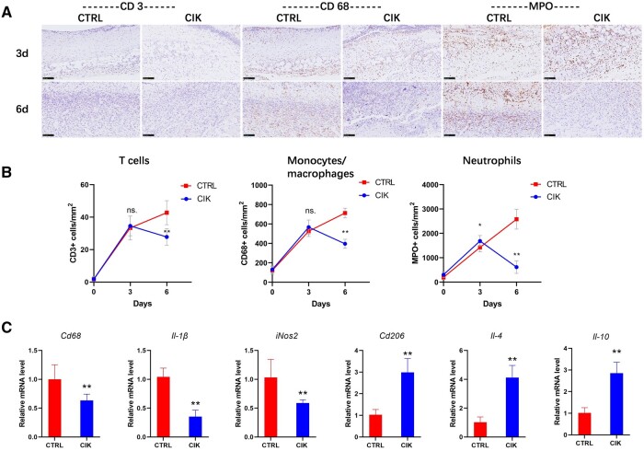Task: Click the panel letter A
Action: pyautogui.click(x=6, y=11)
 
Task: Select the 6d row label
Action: pyautogui.click(x=22, y=110)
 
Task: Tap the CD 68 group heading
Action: pyautogui.click(x=331, y=6)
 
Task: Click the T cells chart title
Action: pyautogui.click(x=134, y=160)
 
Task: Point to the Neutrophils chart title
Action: pyautogui.click(x=491, y=160)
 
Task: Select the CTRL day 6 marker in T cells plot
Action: pyautogui.click(x=167, y=213)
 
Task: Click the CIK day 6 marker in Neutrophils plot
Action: pyautogui.click(x=516, y=267)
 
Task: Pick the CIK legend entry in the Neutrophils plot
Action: pyautogui.click(x=546, y=197)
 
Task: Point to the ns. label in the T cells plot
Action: pyautogui.click(x=132, y=210)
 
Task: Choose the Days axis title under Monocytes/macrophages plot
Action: pyautogui.click(x=321, y=304)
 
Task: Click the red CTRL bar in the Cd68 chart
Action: pyautogui.click(x=54, y=408)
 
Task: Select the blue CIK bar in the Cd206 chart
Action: pyautogui.click(x=407, y=405)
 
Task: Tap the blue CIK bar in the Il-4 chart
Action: pyautogui.click(x=512, y=407)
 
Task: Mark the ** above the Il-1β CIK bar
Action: pyautogui.click(x=195, y=403)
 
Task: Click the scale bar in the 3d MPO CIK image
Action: pyautogui.click(x=549, y=77)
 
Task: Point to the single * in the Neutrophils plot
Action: pyautogui.click(x=479, y=225)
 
